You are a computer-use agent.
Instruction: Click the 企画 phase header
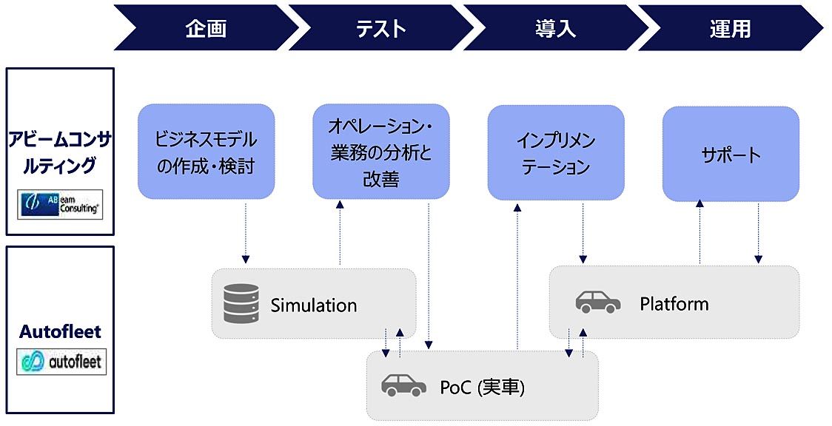click(206, 29)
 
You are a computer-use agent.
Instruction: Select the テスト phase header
click(380, 29)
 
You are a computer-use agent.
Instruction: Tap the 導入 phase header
click(555, 29)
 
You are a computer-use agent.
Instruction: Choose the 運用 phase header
click(730, 29)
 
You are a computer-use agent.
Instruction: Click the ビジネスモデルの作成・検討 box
click(206, 152)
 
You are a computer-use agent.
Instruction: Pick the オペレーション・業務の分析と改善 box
click(380, 152)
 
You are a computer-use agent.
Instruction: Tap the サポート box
click(731, 154)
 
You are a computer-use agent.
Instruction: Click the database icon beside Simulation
click(241, 304)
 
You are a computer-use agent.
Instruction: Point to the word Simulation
click(313, 305)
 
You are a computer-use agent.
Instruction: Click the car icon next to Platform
click(598, 302)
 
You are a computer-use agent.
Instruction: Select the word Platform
click(674, 303)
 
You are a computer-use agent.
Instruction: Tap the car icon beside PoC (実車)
click(403, 385)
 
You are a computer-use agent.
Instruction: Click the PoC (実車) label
click(481, 386)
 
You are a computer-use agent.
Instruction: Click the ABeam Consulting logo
click(60, 203)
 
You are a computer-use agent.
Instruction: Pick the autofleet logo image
click(61, 362)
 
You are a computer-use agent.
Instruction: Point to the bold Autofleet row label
click(60, 332)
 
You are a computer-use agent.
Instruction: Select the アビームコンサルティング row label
click(60, 152)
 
